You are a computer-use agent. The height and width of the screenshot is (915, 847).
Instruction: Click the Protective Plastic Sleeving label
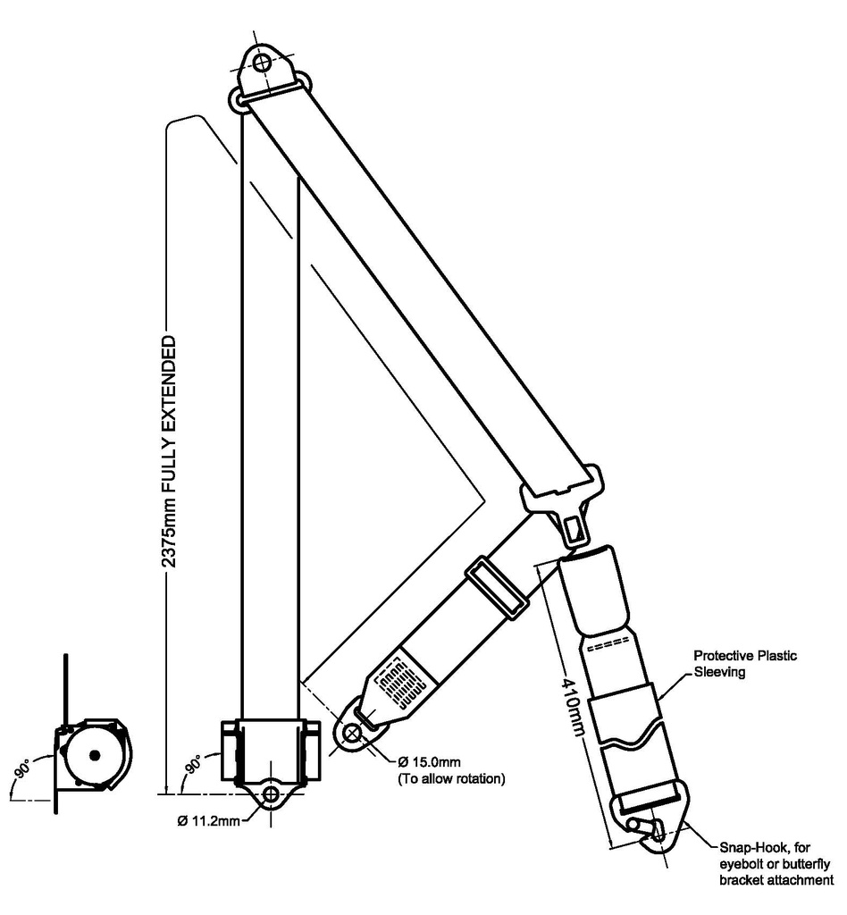tap(745, 664)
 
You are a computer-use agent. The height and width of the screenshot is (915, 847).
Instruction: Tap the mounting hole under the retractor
tap(272, 793)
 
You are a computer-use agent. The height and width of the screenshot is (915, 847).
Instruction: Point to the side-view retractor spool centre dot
tap(93, 756)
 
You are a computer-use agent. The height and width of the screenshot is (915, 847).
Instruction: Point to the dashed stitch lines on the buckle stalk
tap(607, 645)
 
